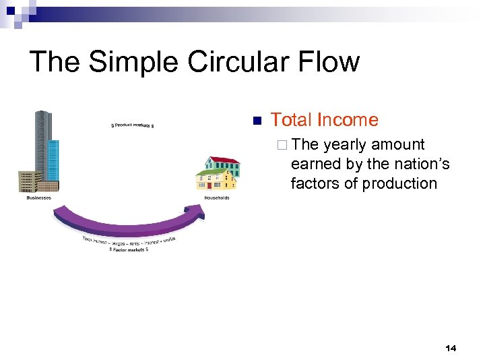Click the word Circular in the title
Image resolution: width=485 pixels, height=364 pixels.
(x=240, y=62)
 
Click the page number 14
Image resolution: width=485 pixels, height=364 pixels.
(x=451, y=348)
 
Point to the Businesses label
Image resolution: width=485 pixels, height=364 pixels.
(x=38, y=198)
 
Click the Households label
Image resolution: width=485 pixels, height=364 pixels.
(x=217, y=198)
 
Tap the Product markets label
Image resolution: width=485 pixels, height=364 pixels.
(x=132, y=125)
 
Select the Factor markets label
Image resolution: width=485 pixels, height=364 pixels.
(x=129, y=249)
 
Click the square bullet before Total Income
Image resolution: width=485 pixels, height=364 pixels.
(x=256, y=121)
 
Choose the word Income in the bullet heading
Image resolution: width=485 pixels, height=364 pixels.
(x=348, y=120)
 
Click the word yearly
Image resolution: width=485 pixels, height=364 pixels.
(x=346, y=145)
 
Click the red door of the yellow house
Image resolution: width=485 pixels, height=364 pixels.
(x=209, y=184)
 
